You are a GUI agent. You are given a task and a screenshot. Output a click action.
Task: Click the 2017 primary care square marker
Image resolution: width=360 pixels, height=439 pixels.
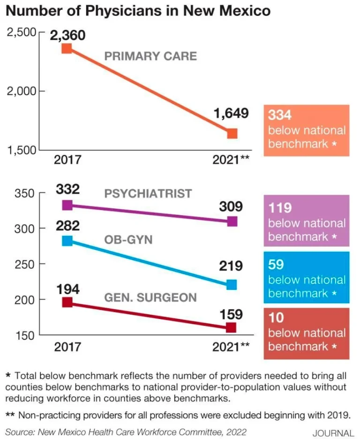(x=67, y=48)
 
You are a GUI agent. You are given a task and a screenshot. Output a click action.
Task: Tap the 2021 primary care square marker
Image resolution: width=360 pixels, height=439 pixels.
(x=232, y=134)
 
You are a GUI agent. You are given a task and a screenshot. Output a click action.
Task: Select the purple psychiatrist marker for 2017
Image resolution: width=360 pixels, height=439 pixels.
(x=67, y=205)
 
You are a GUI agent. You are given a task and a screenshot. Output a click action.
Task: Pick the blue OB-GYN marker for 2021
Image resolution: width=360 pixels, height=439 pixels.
(x=232, y=285)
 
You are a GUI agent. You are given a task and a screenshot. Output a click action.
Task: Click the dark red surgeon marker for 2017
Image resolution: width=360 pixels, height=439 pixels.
(x=67, y=303)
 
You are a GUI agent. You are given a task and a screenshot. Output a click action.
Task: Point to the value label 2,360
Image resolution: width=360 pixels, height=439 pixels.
(x=68, y=34)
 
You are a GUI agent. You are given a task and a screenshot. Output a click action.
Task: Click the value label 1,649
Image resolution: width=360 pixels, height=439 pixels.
(x=231, y=114)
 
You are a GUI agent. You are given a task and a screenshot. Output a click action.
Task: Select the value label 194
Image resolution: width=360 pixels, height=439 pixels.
(x=67, y=288)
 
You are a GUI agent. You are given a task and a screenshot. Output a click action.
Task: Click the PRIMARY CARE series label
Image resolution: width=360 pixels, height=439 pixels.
(x=150, y=56)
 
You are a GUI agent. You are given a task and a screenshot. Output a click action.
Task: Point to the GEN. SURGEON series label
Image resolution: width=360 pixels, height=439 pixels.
(x=150, y=298)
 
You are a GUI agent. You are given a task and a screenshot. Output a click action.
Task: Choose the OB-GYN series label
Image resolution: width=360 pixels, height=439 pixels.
(x=128, y=240)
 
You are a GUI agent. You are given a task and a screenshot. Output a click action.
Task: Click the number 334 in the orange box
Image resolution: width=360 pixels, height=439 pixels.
(x=279, y=115)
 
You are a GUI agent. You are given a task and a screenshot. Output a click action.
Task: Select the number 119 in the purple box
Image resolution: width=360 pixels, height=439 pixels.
(x=279, y=208)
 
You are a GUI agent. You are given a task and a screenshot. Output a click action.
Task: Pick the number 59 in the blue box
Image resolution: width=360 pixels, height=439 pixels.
(x=276, y=265)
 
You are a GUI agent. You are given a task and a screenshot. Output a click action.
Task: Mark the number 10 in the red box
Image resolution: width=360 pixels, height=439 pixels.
(x=276, y=318)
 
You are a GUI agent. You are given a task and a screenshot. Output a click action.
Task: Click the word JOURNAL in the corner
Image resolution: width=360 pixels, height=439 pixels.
(x=333, y=433)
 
